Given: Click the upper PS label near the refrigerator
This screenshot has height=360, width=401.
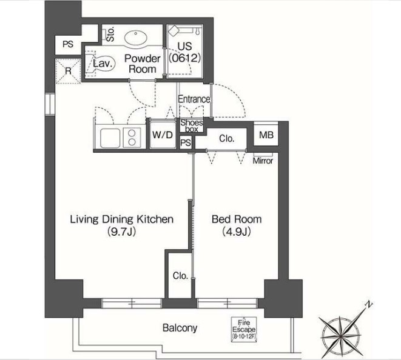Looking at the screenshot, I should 68,44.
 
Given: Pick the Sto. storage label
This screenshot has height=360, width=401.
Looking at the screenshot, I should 110,33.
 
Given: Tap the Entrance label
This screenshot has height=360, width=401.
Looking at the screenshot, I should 194,99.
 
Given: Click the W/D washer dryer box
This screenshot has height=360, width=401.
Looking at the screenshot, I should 161,135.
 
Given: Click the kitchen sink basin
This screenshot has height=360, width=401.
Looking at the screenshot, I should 109,138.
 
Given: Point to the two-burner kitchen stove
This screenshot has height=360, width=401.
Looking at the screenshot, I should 130,138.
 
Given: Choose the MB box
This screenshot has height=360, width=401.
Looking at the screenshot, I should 266,135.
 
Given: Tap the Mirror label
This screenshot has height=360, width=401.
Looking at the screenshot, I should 262,161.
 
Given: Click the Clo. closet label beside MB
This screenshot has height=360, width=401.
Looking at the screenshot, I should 227,139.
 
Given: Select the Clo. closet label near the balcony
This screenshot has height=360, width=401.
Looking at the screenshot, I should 180,275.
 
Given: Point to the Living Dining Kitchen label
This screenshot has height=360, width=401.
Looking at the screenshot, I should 122,225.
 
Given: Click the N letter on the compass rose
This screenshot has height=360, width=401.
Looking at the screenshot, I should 367,305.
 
